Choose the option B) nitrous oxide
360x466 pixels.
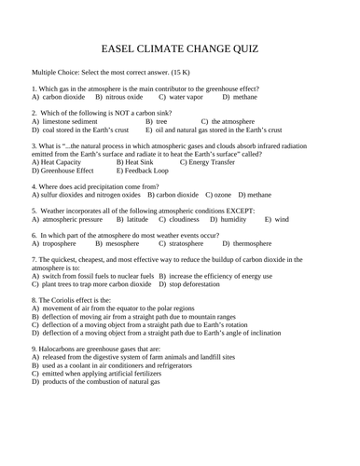coord(118,96)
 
